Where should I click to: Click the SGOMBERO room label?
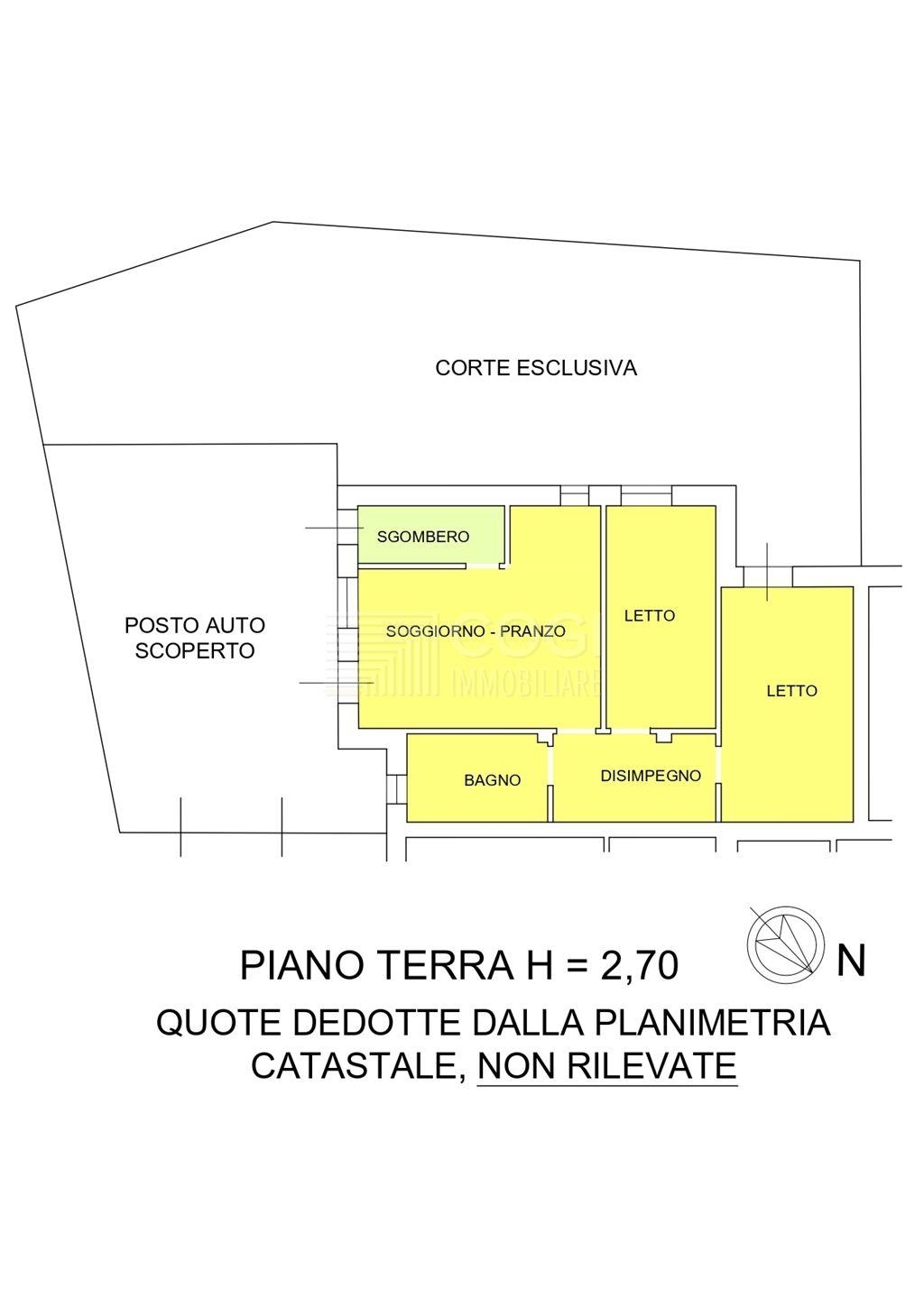pos(422,536)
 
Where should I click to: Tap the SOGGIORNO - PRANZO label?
pos(476,630)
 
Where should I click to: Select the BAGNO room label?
pos(492,780)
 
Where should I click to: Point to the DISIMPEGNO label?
pos(651,776)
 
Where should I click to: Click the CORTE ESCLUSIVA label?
pos(536,368)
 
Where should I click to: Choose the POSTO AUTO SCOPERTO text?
pos(195,638)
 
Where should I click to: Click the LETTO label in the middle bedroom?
pos(649,615)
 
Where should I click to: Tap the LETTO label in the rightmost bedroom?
pos(791,691)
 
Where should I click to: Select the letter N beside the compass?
pos(850,961)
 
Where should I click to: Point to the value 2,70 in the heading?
pos(639,965)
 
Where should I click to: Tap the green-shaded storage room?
pos(431,535)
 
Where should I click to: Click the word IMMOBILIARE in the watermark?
pos(525,684)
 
